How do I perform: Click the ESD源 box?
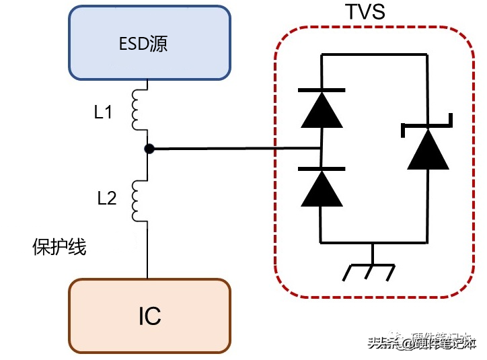point(149,44)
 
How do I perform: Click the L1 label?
point(103,113)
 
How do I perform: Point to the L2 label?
point(106,199)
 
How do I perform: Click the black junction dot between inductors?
point(149,149)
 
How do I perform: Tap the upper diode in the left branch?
point(322,108)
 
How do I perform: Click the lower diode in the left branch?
point(322,187)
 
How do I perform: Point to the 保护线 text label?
point(59,247)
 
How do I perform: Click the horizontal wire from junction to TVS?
point(235,149)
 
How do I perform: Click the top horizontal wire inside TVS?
point(375,56)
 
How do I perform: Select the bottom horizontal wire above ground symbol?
point(375,242)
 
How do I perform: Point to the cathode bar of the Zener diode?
point(428,126)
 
